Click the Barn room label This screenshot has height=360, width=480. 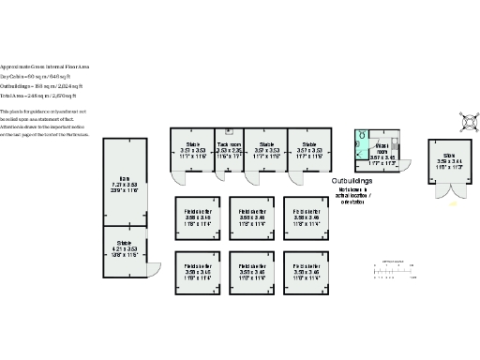point(124,185)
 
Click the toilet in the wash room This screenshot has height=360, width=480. point(362,136)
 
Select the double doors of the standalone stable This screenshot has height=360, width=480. point(449,193)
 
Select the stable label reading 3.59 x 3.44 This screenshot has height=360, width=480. point(449,158)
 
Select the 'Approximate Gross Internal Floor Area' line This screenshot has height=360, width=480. point(47,66)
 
